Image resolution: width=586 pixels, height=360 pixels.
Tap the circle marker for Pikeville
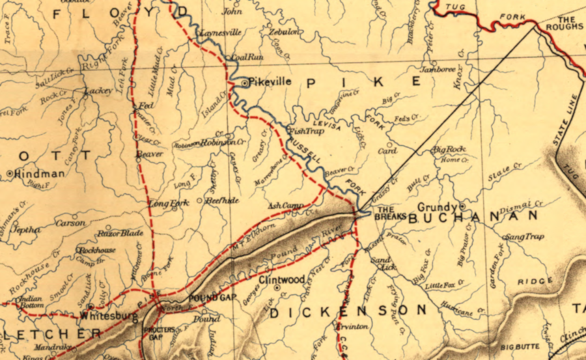pos(244,84)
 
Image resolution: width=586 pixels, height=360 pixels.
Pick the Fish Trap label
pos(305,130)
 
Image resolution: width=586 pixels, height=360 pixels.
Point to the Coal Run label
pos(247,57)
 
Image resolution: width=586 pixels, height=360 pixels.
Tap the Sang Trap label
pos(525,236)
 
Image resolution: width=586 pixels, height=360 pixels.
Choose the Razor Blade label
pos(120,232)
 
